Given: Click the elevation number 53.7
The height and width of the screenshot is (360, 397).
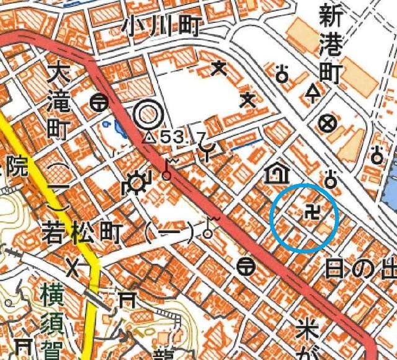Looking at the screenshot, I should point(177,137).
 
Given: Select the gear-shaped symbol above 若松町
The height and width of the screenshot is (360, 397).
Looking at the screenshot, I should point(136,184).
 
